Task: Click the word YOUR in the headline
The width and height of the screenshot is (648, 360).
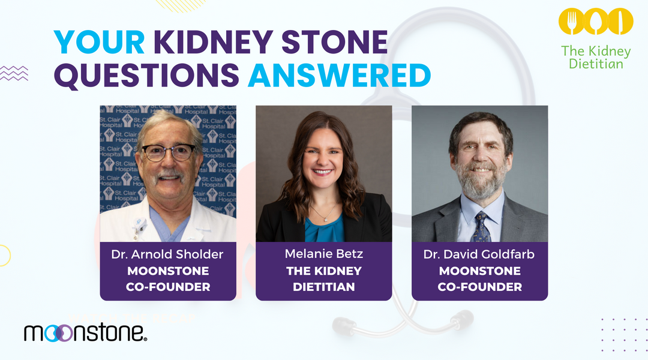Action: [x=100, y=43]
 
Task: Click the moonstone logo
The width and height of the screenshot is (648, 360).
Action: [x=85, y=332]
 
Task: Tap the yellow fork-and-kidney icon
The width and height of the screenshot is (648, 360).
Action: [x=596, y=21]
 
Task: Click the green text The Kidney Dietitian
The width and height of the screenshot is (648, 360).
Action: [x=596, y=57]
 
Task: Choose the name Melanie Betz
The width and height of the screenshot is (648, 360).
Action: [x=324, y=254]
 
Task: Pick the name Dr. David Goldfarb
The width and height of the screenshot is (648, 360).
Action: [x=479, y=254]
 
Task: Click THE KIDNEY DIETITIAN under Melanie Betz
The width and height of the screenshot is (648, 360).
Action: [x=324, y=279]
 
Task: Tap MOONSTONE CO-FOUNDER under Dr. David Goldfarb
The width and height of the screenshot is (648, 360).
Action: [x=479, y=279]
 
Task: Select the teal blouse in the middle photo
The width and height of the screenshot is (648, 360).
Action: [x=324, y=231]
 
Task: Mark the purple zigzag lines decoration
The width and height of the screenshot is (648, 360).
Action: [x=14, y=73]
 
